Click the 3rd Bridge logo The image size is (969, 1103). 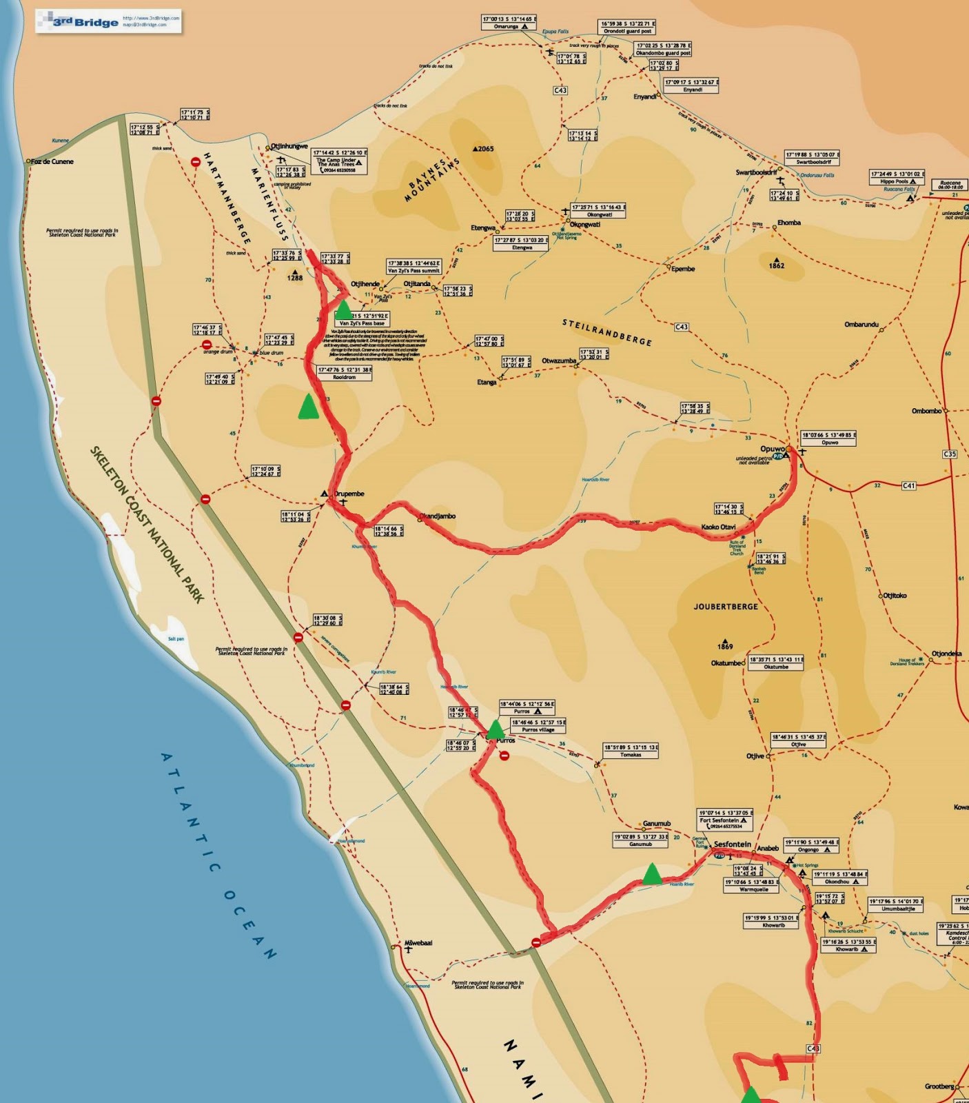pyautogui.click(x=86, y=21)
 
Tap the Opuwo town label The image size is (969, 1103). pyautogui.click(x=772, y=449)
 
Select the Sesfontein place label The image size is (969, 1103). pyautogui.click(x=732, y=844)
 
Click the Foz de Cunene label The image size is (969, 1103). pyautogui.click(x=52, y=161)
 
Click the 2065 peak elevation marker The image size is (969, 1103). pyautogui.click(x=483, y=149)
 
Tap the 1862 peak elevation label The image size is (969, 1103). pyautogui.click(x=776, y=265)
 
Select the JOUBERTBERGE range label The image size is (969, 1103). pyautogui.click(x=725, y=607)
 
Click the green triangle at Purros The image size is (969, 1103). pyautogui.click(x=495, y=729)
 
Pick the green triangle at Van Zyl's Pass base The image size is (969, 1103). pyautogui.click(x=343, y=310)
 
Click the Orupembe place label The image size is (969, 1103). pyautogui.click(x=349, y=494)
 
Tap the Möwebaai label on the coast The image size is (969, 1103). pyautogui.click(x=418, y=943)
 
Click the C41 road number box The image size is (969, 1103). pyautogui.click(x=909, y=486)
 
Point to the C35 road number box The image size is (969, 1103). pyautogui.click(x=949, y=454)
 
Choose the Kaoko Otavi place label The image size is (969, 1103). pyautogui.click(x=718, y=527)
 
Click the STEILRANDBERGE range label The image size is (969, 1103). pyautogui.click(x=607, y=332)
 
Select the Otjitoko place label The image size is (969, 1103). pyautogui.click(x=895, y=596)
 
